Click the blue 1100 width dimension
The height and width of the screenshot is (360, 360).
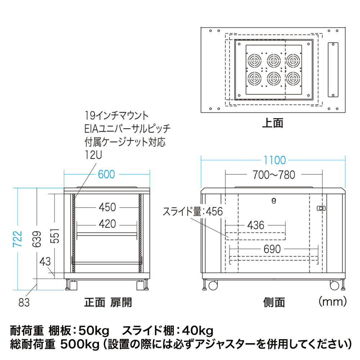pyautogui.click(x=274, y=160)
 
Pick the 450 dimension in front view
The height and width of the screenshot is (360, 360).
pyautogui.click(x=107, y=207)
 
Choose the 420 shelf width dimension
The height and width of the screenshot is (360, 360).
pyautogui.click(x=107, y=224)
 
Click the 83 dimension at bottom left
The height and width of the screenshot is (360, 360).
pyautogui.click(x=23, y=303)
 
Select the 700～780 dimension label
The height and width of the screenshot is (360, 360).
pyautogui.click(x=274, y=175)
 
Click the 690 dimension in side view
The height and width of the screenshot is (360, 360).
pyautogui.click(x=273, y=249)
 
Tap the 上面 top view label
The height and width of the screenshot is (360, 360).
pyautogui.click(x=273, y=123)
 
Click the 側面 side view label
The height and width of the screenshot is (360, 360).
pyautogui.click(x=274, y=302)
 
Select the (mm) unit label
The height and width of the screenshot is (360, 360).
pyautogui.click(x=333, y=300)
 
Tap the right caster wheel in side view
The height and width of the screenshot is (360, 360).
pyautogui.click(x=334, y=285)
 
